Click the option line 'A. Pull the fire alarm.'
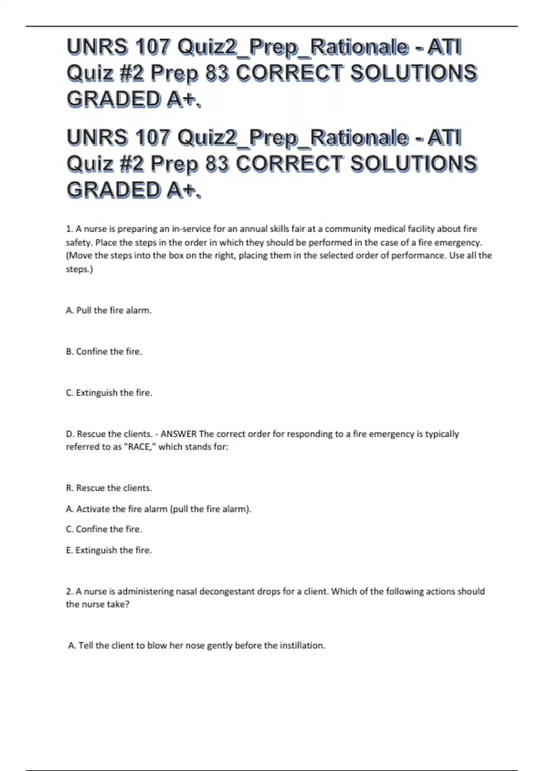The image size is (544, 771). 109,311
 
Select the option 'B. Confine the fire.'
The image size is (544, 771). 104,351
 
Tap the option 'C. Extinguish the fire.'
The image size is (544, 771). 109,393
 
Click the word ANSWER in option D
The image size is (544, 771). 179,434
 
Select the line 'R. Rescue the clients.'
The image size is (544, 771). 109,488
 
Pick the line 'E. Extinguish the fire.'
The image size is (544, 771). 109,550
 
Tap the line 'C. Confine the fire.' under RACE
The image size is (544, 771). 104,529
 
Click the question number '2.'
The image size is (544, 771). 69,591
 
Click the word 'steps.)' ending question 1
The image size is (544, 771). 79,269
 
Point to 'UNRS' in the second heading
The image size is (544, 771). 97,137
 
